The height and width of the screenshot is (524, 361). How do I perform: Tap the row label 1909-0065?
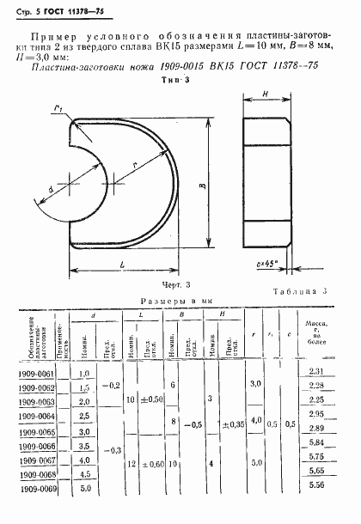36,432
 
